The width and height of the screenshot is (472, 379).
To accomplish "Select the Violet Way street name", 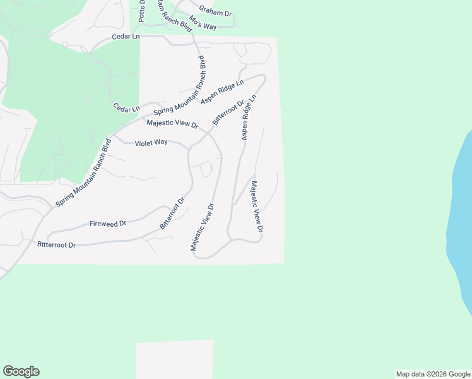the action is pyautogui.click(x=151, y=143).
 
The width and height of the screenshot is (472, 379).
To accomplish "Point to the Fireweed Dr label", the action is pyautogui.click(x=108, y=224).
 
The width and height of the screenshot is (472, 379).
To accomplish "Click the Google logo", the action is pyautogui.click(x=21, y=371).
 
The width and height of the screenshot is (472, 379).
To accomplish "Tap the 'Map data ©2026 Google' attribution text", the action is pyautogui.click(x=433, y=374).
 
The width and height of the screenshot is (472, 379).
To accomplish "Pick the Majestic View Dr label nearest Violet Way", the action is pyautogui.click(x=172, y=124).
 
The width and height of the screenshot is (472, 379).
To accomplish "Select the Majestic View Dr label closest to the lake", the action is pyautogui.click(x=256, y=211).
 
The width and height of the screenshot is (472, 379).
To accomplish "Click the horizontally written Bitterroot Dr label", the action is pyautogui.click(x=56, y=244).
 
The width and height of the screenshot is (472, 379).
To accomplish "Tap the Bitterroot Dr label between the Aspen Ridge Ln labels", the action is pyautogui.click(x=228, y=112).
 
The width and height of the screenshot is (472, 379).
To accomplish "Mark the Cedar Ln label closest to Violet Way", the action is pyautogui.click(x=126, y=109).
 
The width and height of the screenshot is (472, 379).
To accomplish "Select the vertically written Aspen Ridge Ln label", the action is pyautogui.click(x=248, y=118).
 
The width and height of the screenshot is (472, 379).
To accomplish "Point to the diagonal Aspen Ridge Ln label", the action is pyautogui.click(x=222, y=92).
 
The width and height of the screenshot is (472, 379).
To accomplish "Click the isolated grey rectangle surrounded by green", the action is pyautogui.click(x=175, y=359).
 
